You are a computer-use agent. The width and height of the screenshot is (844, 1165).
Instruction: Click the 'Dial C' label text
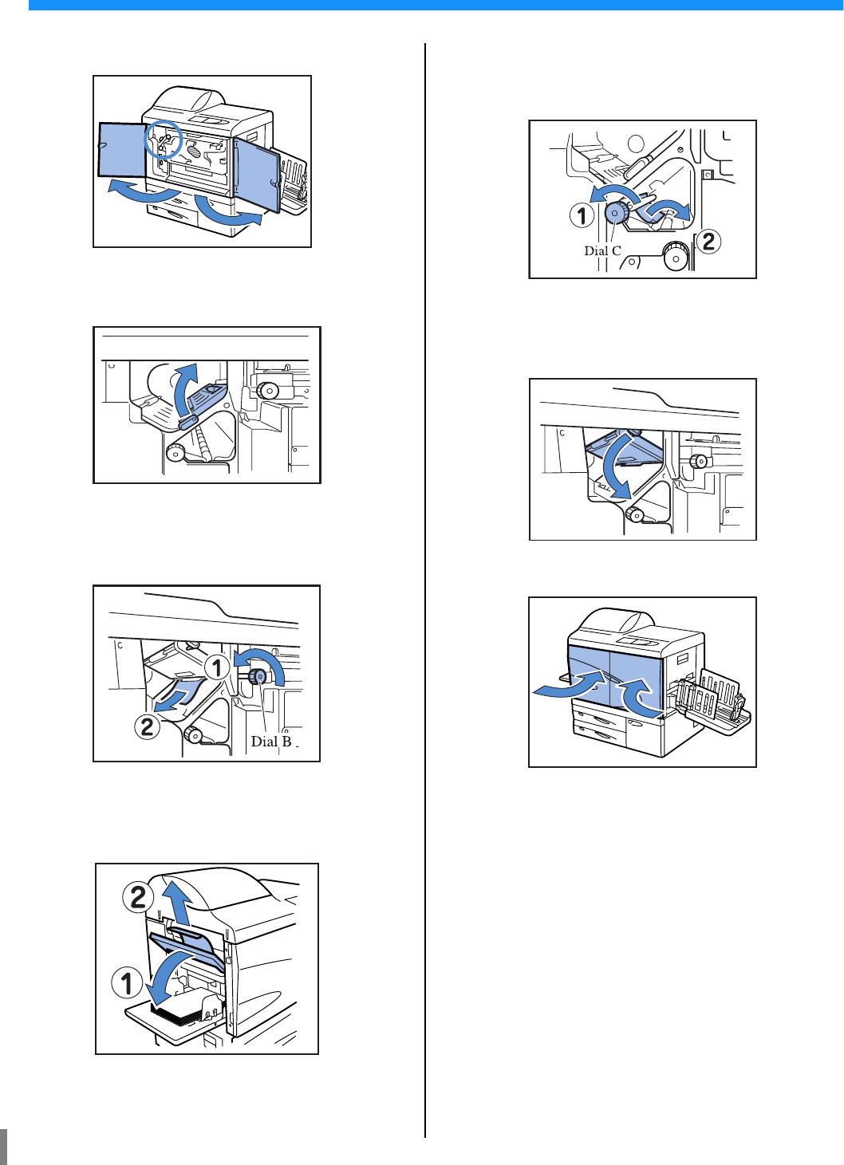[602, 250]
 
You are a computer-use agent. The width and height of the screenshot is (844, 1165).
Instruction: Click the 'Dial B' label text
[271, 741]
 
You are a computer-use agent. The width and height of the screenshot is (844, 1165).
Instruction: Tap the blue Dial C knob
[616, 212]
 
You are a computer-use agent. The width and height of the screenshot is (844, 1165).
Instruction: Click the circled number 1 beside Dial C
[582, 215]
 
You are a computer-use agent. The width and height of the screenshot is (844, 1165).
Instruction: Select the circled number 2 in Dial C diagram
[708, 242]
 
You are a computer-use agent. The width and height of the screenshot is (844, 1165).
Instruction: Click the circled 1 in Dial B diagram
[217, 667]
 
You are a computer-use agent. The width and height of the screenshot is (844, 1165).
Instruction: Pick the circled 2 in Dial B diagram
[148, 726]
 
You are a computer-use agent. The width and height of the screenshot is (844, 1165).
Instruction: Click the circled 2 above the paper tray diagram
[138, 898]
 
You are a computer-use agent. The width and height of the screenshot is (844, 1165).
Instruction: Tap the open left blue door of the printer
[122, 150]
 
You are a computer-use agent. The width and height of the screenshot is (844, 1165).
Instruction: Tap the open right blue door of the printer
[258, 173]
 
